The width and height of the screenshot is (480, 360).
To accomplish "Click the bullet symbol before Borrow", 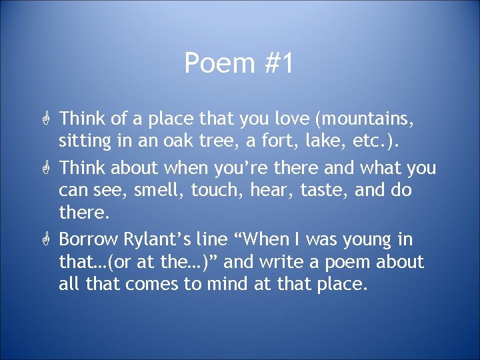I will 46,239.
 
